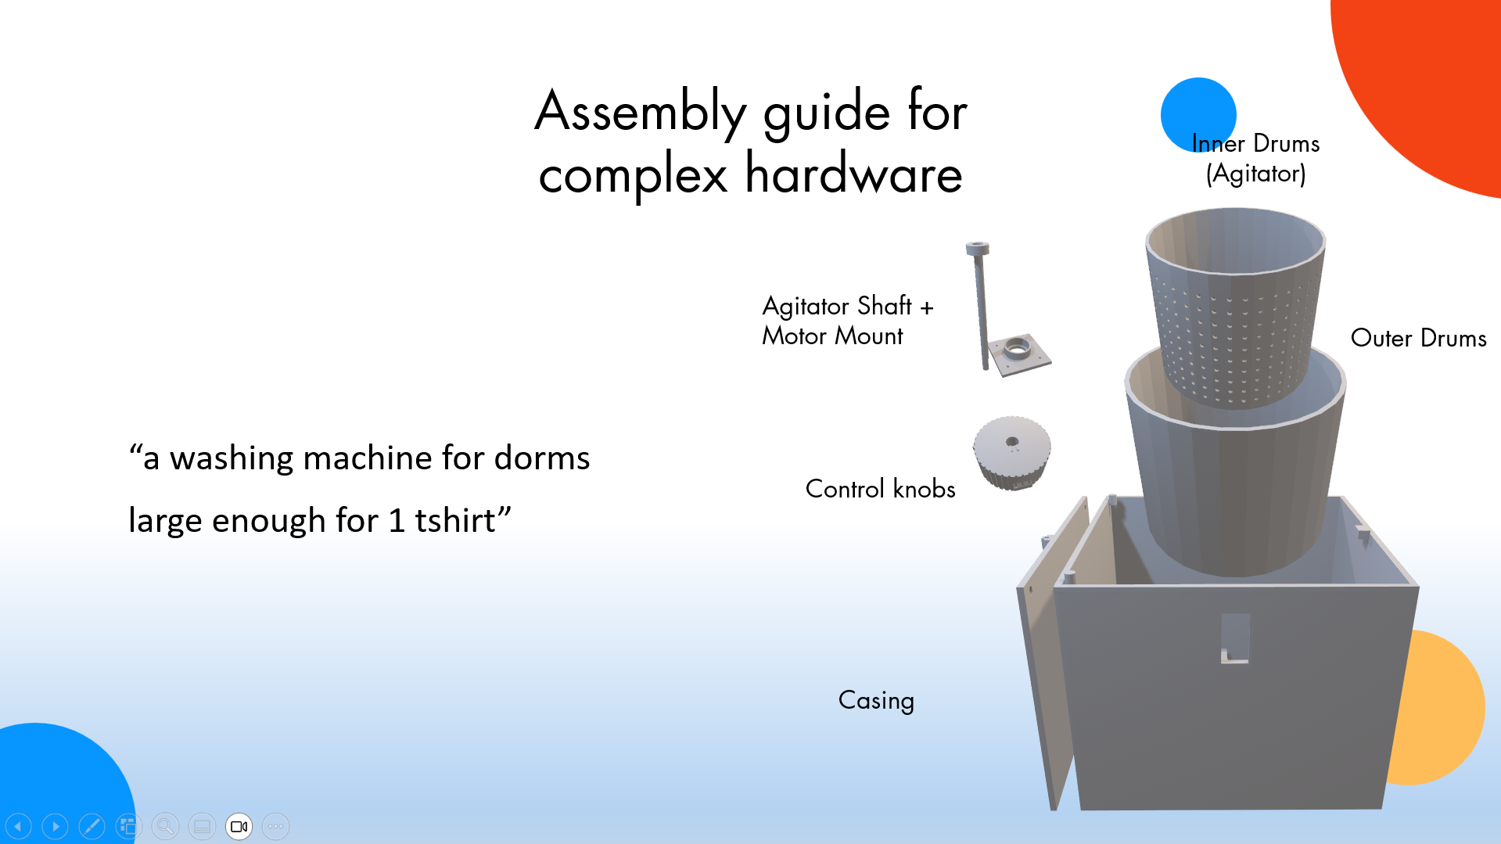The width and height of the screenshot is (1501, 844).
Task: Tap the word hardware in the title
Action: tap(853, 174)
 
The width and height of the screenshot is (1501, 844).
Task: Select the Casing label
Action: tap(876, 700)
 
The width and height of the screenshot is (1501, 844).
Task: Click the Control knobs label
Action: tap(880, 489)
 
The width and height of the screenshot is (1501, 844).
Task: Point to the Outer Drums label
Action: tap(1418, 338)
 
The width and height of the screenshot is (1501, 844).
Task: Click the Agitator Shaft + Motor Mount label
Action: tap(847, 320)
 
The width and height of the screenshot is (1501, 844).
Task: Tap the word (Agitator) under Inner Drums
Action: tap(1255, 173)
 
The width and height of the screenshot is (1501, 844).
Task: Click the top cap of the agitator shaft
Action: tap(977, 249)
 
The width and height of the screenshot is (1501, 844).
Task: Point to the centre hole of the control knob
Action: tap(1012, 442)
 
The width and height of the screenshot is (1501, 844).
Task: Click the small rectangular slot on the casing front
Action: tap(1235, 638)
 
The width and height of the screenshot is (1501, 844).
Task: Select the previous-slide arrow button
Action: tap(18, 826)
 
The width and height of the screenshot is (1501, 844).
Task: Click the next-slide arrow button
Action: tap(55, 826)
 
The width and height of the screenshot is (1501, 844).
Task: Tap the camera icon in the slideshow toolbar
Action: tap(239, 826)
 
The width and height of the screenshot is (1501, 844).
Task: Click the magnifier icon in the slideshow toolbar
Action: tap(165, 826)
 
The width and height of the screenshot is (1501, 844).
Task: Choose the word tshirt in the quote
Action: tap(454, 520)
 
